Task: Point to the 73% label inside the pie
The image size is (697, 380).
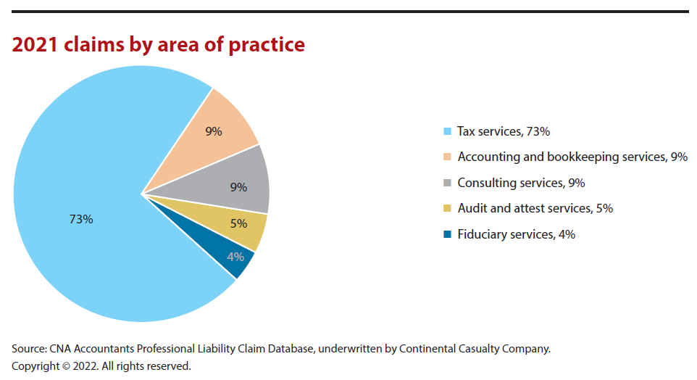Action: tap(81, 219)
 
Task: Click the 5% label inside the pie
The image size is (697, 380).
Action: tap(238, 224)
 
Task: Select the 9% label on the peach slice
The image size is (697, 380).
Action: tap(214, 131)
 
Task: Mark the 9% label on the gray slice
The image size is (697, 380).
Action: tap(238, 187)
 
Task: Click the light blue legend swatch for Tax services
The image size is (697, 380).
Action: tap(447, 131)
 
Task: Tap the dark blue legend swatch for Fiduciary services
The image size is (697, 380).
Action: tap(447, 234)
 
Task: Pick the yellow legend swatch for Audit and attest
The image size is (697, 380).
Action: tap(447, 209)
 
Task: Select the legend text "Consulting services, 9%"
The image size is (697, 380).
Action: tap(521, 183)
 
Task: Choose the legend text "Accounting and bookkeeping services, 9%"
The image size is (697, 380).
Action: tap(572, 157)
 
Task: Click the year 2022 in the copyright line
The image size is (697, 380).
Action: tap(85, 366)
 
